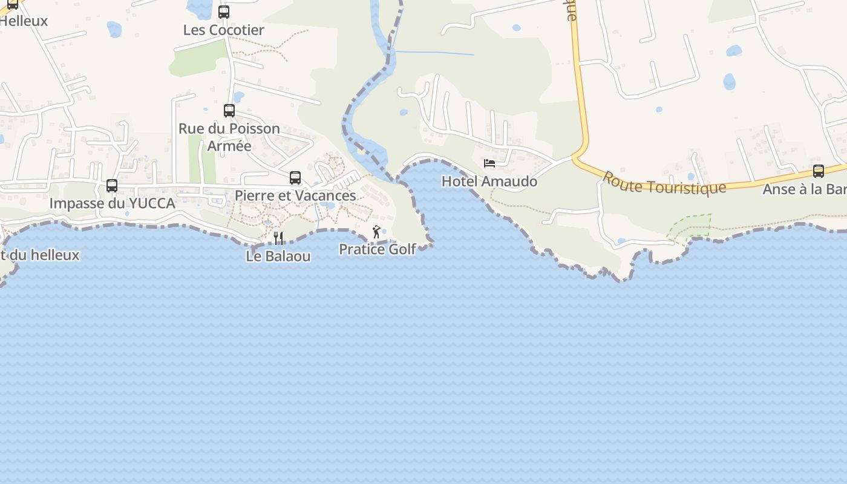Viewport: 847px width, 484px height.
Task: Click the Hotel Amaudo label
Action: (489, 181)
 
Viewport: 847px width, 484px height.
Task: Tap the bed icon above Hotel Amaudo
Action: (489, 163)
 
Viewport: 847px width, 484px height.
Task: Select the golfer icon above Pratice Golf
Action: (376, 232)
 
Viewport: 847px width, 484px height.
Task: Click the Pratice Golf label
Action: (378, 249)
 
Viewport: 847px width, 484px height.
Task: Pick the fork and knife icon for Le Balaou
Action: (278, 238)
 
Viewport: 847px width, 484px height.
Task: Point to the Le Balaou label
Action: (278, 256)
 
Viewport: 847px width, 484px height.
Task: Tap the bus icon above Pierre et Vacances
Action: (295, 178)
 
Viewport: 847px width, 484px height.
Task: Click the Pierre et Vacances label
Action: (295, 195)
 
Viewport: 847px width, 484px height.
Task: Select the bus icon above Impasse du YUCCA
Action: (112, 186)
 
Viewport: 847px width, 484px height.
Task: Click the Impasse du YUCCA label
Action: (112, 203)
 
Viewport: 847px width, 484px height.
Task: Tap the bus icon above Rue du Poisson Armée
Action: (229, 111)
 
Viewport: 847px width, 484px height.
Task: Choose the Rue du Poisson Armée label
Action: (229, 137)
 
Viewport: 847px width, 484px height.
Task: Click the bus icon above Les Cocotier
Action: (224, 12)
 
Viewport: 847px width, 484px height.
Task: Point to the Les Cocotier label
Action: (224, 30)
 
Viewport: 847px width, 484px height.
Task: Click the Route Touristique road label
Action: (664, 183)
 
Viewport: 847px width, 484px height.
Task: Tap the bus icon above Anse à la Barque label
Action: (819, 171)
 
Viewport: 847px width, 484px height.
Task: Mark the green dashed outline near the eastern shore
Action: (690, 227)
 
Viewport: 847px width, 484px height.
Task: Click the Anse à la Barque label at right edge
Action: (804, 189)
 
